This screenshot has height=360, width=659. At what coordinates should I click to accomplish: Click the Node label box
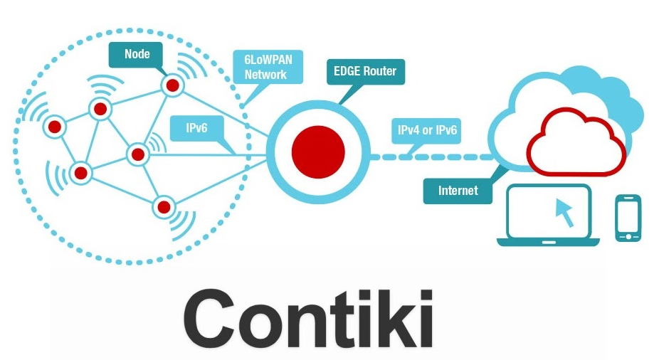click(137, 53)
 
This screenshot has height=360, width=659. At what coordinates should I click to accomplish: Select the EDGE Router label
click(365, 71)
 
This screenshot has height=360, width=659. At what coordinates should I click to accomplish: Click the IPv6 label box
click(196, 129)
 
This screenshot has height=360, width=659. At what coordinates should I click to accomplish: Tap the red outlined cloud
click(575, 142)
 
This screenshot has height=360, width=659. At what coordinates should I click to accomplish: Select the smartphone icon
click(628, 218)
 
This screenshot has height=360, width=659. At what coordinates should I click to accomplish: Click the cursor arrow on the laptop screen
click(564, 211)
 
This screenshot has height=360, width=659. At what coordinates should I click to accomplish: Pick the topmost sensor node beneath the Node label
click(172, 86)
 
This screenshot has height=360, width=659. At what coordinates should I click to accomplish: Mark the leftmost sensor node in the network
click(55, 127)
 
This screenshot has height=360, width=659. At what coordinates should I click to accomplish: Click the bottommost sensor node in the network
click(164, 207)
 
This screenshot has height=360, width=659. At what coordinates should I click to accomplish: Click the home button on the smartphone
click(628, 235)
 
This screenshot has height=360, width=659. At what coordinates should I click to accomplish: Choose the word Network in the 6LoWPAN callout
click(265, 75)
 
